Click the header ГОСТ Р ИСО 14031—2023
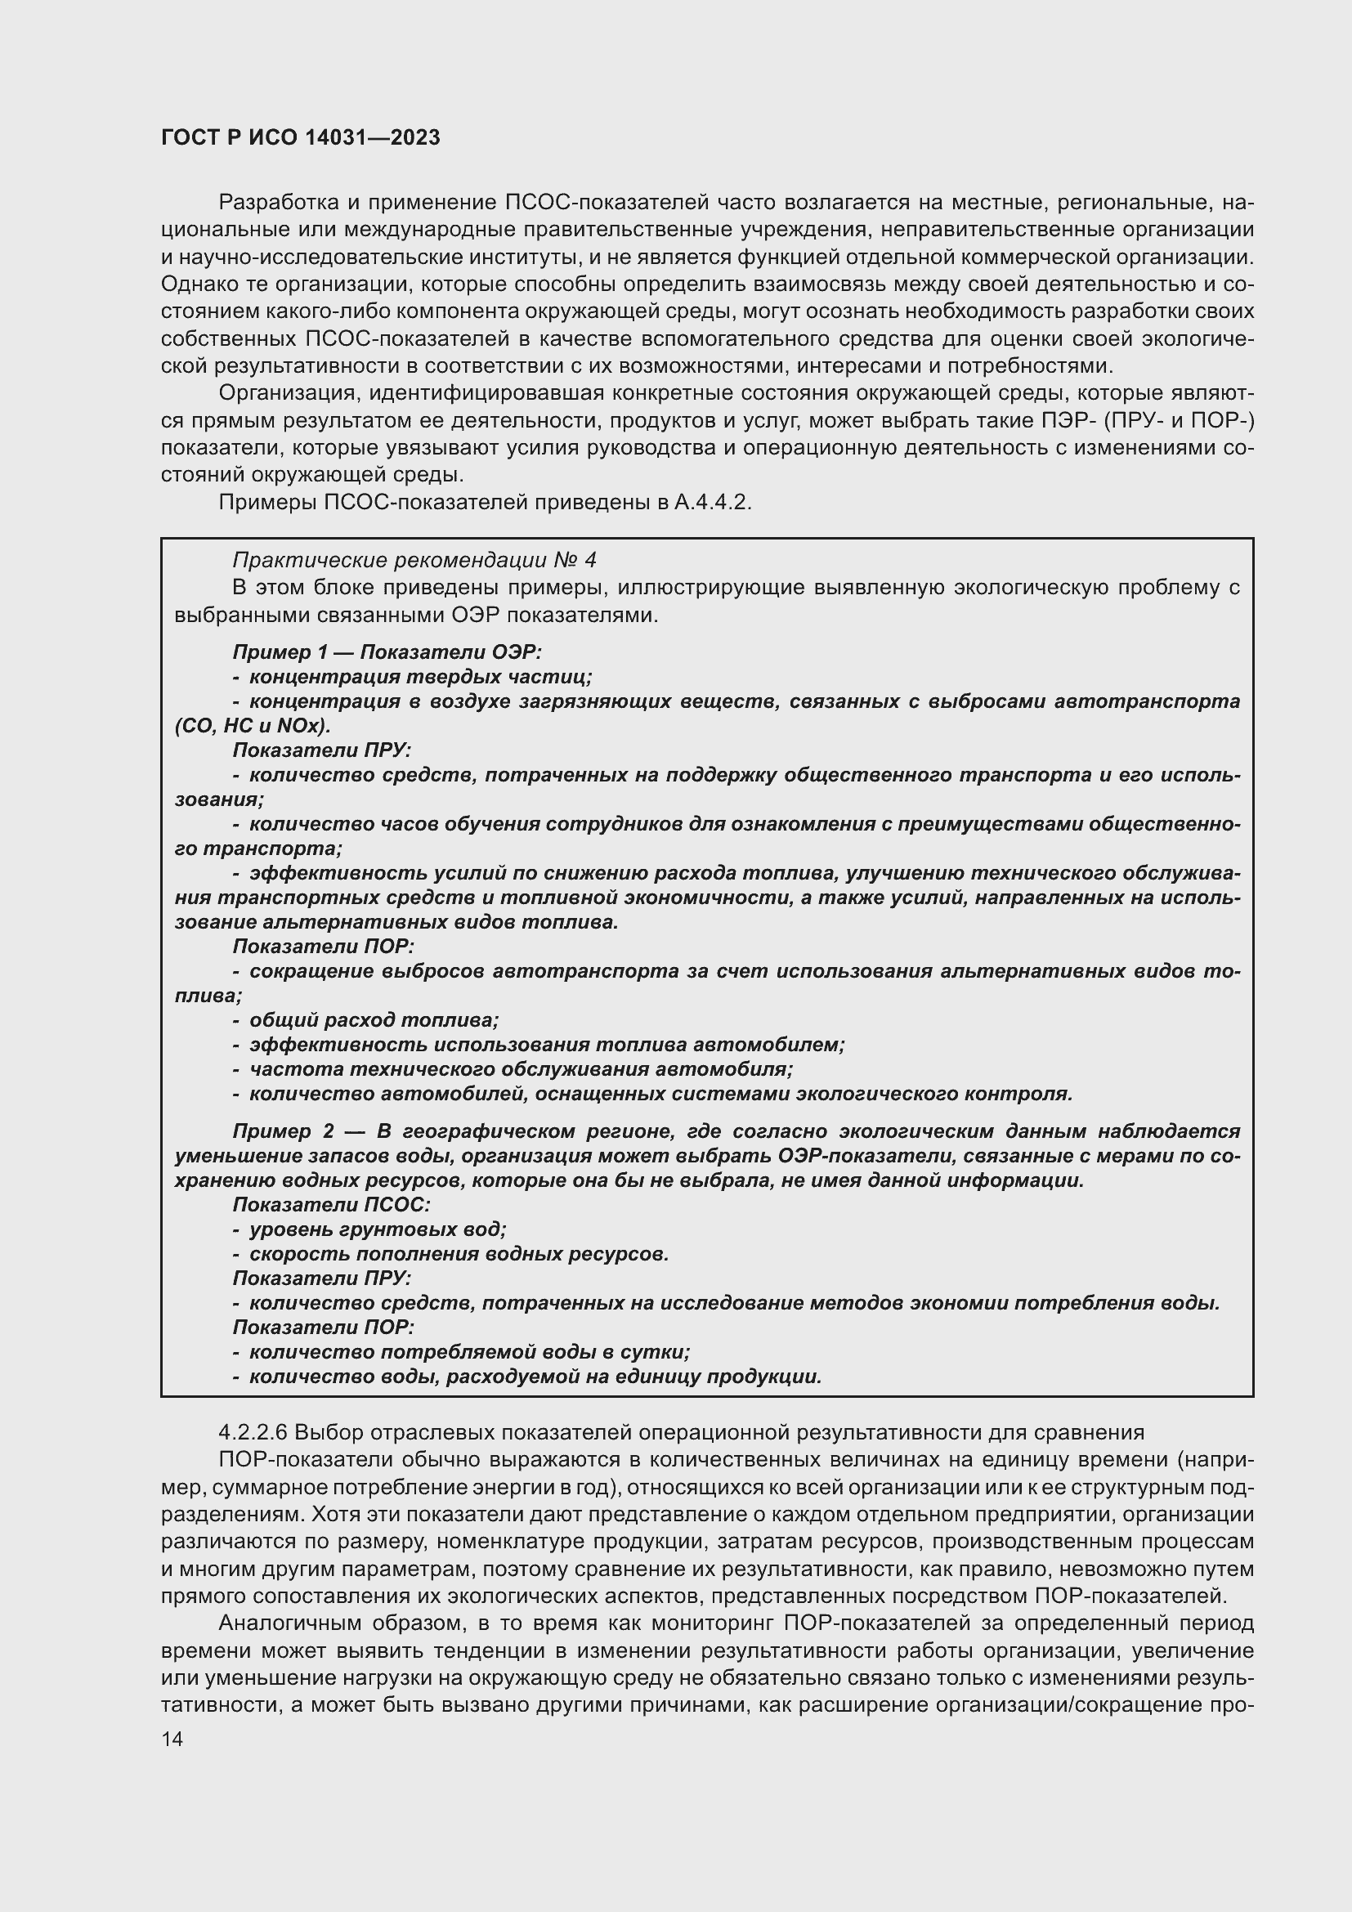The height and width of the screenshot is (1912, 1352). pyautogui.click(x=301, y=138)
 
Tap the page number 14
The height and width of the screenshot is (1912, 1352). pyautogui.click(x=172, y=1739)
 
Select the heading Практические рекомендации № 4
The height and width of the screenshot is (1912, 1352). pyautogui.click(x=414, y=560)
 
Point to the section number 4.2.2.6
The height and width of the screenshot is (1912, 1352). pyautogui.click(x=253, y=1432)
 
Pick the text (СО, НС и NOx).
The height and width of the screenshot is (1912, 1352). pyautogui.click(x=253, y=724)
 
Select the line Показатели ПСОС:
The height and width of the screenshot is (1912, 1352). pyautogui.click(x=330, y=1204)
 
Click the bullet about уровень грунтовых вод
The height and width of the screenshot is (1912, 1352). pyautogui.click(x=377, y=1229)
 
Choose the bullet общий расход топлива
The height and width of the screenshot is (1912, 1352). pyautogui.click(x=373, y=1020)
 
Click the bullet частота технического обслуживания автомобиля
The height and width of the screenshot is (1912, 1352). pyautogui.click(x=521, y=1068)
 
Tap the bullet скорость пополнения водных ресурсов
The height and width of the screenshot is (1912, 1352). pyautogui.click(x=459, y=1253)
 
